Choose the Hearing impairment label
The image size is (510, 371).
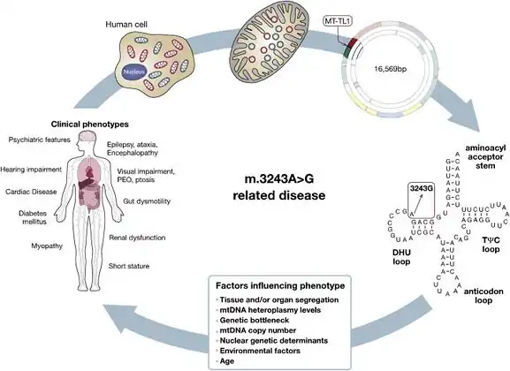click(x=34, y=169)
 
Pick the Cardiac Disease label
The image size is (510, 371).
click(x=30, y=191)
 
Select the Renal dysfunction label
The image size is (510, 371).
click(x=149, y=236)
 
